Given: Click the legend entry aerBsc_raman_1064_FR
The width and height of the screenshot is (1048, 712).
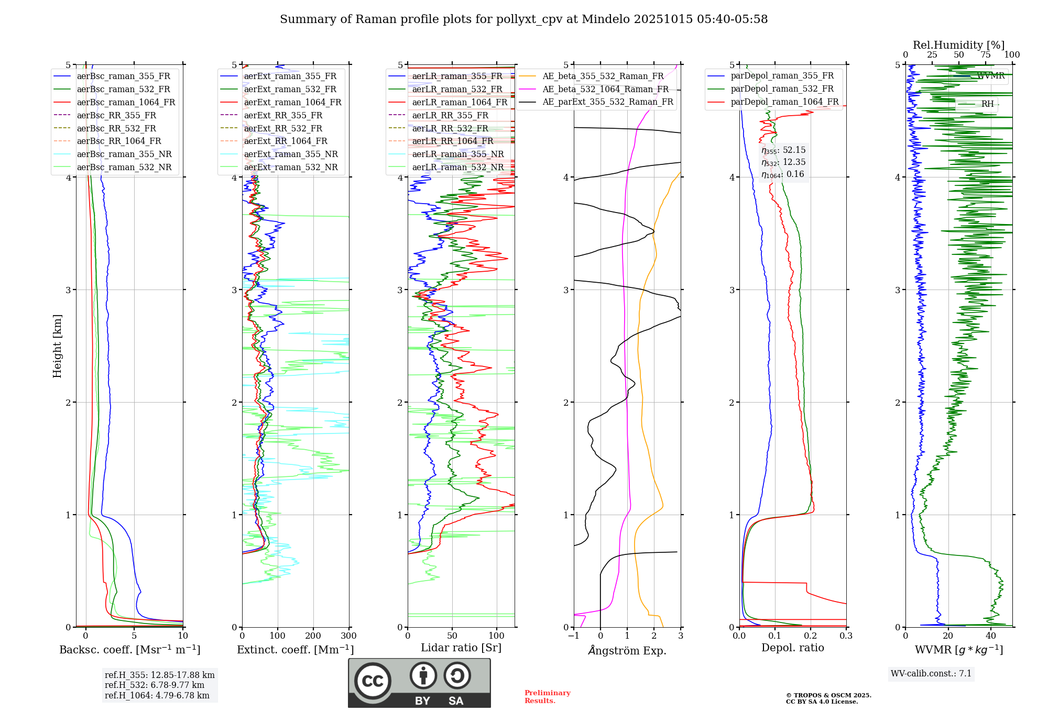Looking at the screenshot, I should (126, 103).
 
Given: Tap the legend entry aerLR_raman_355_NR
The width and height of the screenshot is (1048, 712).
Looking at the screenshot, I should (457, 154).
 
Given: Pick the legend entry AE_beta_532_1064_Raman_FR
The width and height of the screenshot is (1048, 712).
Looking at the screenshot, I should (605, 90).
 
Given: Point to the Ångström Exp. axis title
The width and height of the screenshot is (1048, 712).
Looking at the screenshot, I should (627, 651).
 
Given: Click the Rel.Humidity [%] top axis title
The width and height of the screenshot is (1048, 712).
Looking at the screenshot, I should (958, 45).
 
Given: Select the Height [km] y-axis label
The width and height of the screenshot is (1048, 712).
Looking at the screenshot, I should (57, 346).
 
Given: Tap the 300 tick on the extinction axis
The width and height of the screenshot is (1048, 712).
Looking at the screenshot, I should (349, 636).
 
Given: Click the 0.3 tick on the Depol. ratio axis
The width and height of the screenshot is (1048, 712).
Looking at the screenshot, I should (846, 636).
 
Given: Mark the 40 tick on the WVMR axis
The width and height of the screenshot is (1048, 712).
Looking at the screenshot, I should (991, 636).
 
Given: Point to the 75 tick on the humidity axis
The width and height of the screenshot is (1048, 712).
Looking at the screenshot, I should (986, 55).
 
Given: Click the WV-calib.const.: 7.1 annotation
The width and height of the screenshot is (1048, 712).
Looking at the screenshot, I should (931, 674).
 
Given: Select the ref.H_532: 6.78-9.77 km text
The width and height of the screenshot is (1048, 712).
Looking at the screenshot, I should (154, 685).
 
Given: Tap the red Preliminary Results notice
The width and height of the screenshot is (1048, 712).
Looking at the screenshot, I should (547, 697).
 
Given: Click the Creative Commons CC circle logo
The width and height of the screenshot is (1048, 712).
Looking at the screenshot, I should (373, 681).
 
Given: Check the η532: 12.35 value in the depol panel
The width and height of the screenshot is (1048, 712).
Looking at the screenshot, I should (783, 162).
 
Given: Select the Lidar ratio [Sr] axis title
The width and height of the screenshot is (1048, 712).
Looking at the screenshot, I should (461, 648).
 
